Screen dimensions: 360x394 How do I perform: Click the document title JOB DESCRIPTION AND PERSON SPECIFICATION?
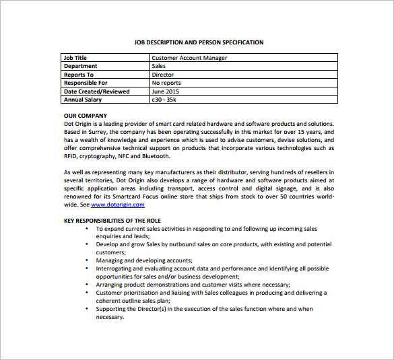pyautogui.click(x=199, y=42)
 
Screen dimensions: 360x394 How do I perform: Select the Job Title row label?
pyautogui.click(x=75, y=58)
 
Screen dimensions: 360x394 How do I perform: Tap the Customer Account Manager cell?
pyautogui.click(x=189, y=58)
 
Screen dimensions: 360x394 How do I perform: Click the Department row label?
pyautogui.click(x=80, y=66)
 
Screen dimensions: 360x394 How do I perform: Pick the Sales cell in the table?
pyautogui.click(x=159, y=66)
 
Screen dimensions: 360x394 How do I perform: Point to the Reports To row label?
pyautogui.click(x=79, y=75)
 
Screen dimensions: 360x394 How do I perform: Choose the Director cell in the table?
pyautogui.click(x=162, y=75)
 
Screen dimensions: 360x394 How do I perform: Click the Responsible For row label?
pyautogui.click(x=85, y=83)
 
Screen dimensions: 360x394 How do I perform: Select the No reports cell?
pyautogui.click(x=166, y=83)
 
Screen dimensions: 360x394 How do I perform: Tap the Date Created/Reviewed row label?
pyautogui.click(x=96, y=92)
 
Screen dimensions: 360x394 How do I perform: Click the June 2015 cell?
pyautogui.click(x=166, y=92)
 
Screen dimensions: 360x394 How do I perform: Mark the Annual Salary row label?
pyautogui.click(x=82, y=100)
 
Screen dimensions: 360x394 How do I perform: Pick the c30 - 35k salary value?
pyautogui.click(x=164, y=100)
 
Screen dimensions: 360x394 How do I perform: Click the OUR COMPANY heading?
pyautogui.click(x=85, y=116)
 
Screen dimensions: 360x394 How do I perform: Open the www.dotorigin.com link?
pyautogui.click(x=118, y=205)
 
